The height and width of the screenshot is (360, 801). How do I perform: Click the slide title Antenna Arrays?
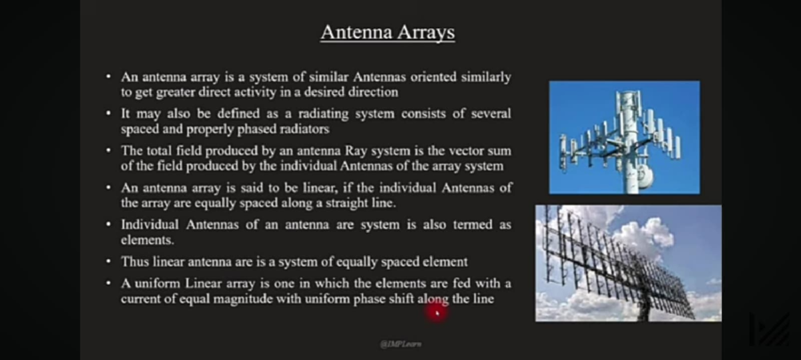tap(387, 32)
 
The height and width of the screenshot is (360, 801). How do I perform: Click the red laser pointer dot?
tap(436, 311)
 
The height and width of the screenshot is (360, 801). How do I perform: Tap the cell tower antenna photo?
tap(624, 137)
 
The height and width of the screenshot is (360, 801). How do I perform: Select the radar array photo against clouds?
tap(628, 263)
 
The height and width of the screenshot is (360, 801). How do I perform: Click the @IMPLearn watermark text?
tap(400, 344)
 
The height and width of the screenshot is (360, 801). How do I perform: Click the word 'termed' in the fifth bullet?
tap(474, 224)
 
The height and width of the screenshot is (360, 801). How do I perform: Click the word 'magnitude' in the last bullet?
tap(242, 299)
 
